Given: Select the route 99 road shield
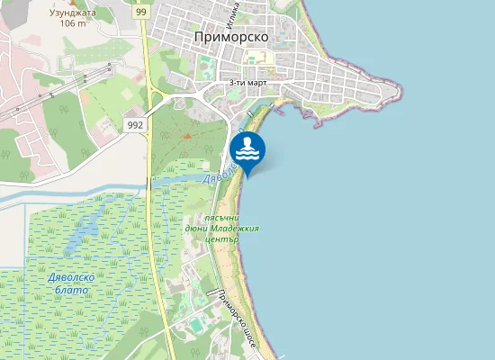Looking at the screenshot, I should pos(142,12).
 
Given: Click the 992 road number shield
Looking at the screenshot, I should pos(135,124).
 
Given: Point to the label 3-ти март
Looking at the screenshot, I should pos(247,82).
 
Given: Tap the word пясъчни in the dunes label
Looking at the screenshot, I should pos(220,218).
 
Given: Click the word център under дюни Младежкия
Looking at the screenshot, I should pos(221,239).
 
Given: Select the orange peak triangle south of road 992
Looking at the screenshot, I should pos(187,136).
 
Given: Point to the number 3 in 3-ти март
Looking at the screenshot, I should pos(232,82).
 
